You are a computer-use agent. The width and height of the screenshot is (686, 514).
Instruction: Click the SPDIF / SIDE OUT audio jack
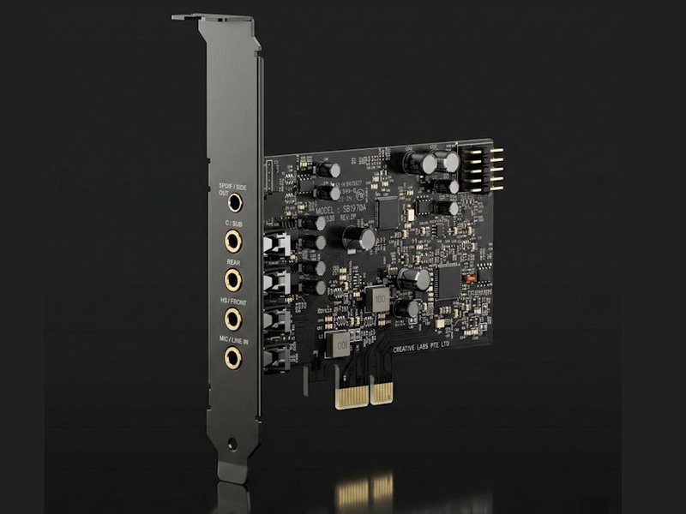pos(232,202)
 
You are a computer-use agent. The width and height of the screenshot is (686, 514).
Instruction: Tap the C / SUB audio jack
pos(232,241)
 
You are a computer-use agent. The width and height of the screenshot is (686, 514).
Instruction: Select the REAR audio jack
pos(232,279)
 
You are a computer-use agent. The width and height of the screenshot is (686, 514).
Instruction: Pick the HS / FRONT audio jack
pos(232,319)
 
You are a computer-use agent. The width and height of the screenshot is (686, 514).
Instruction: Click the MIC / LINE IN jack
pos(232,357)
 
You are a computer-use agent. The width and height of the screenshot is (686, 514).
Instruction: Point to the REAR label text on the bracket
pos(232,261)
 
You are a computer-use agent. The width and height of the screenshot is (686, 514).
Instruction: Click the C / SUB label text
pos(232,223)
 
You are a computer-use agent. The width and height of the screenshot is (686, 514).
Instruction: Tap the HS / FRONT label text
pos(232,301)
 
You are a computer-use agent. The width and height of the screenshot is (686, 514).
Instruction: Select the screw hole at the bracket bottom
pos(232,444)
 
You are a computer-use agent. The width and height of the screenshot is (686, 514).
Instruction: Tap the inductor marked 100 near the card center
pos(376,297)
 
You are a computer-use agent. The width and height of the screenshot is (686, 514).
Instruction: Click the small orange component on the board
pos(468,278)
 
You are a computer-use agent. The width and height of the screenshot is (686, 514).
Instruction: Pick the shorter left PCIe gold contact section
pos(349,393)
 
